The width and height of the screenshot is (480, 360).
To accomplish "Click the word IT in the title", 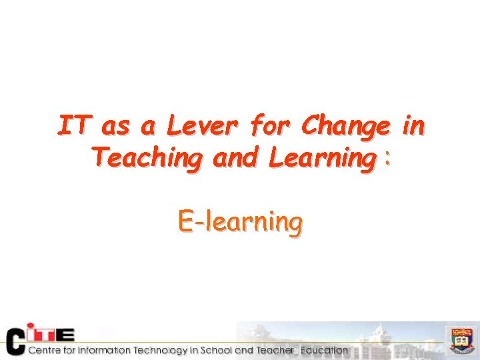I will (75, 125).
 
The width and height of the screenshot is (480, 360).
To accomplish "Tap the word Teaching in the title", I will (147, 159).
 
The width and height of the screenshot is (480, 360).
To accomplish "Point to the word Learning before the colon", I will (319, 159).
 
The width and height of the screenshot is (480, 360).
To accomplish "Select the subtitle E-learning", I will (240, 221).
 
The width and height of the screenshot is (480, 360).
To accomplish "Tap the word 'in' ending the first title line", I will (413, 125).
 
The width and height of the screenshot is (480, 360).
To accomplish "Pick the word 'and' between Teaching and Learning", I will (235, 159).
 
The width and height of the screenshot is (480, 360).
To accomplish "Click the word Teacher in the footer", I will (274, 351).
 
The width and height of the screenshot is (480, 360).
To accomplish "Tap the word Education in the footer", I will (323, 351).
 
